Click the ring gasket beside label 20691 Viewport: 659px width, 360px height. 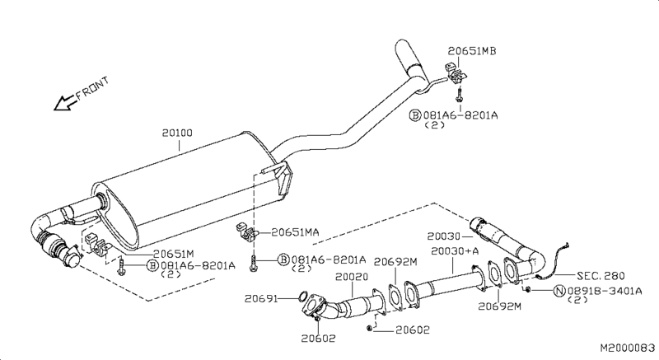point(302,297)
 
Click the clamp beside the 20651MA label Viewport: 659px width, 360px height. point(246,231)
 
